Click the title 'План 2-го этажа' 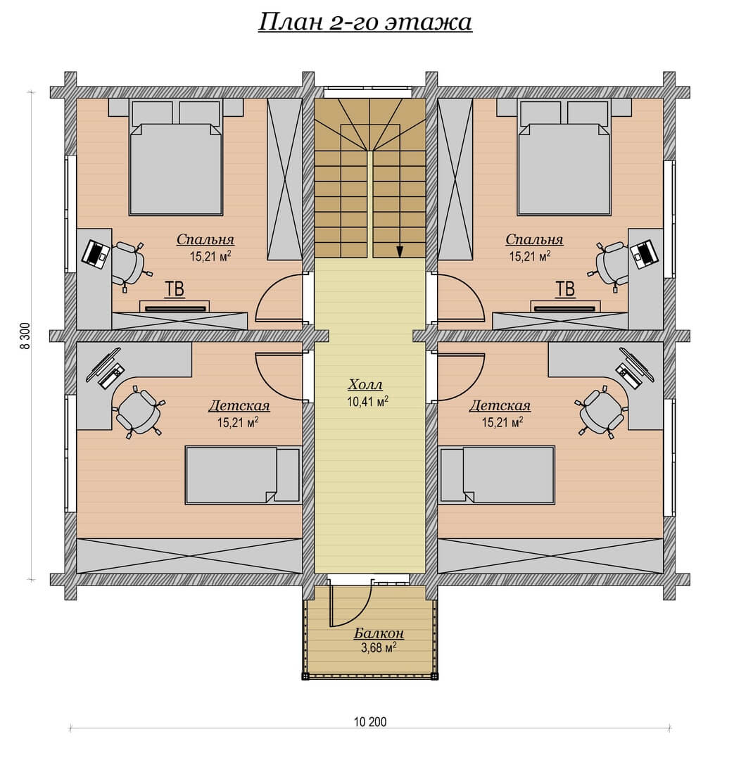point(365,23)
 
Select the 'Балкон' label point(379,633)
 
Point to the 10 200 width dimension point(370,722)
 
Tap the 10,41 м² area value point(367,401)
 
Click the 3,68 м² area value point(379,647)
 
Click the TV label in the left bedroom point(175,289)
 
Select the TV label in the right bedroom point(565,289)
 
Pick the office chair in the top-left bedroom point(129,265)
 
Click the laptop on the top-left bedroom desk point(96,254)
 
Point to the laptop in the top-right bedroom point(644,254)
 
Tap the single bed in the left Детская point(243,476)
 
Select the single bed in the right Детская point(498,476)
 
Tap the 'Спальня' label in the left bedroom point(205,239)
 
